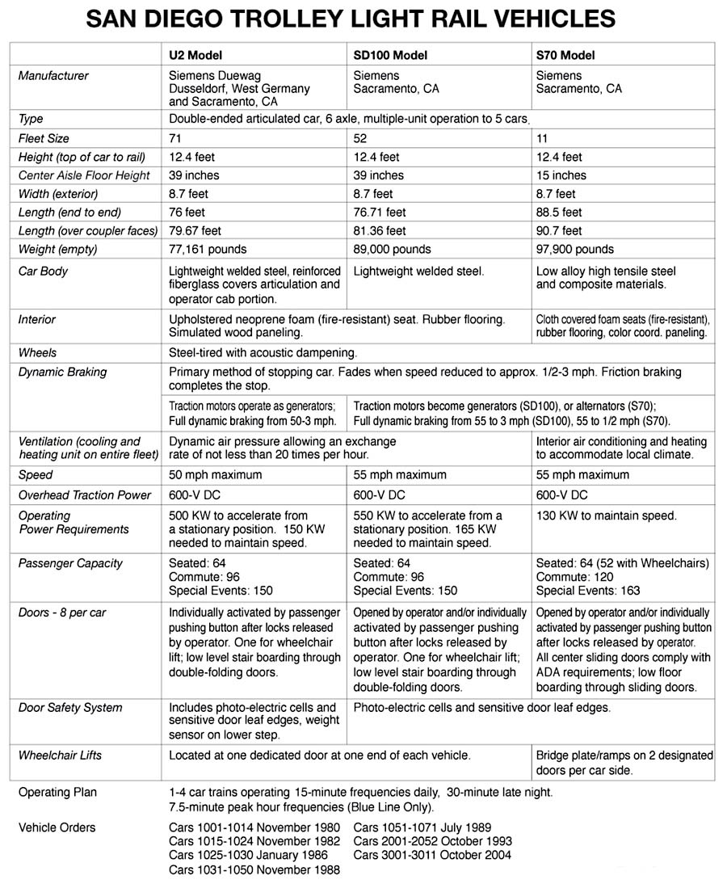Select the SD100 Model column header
[390, 56]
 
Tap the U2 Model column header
[195, 56]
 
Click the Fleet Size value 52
[360, 139]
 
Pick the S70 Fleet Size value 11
[542, 139]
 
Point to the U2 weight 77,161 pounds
[208, 249]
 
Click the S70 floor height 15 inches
[561, 175]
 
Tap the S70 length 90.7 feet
[558, 231]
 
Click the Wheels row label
[37, 353]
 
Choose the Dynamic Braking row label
[62, 373]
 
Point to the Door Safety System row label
[70, 708]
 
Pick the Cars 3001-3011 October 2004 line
[432, 855]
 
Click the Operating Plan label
[57, 793]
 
